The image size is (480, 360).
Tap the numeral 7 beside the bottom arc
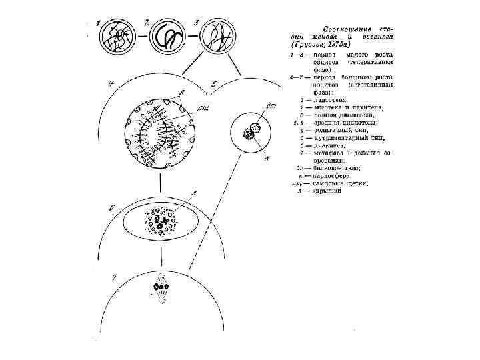point(115,275)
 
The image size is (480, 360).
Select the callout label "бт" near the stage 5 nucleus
point(271,107)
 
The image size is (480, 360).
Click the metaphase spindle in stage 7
point(161,288)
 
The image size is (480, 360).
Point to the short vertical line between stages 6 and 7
point(161,259)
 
